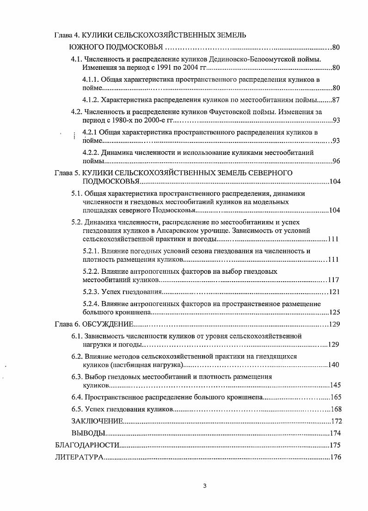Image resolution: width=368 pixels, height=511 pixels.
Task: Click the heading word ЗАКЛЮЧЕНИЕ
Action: (x=97, y=421)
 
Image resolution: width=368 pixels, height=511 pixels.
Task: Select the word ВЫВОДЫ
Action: (x=88, y=433)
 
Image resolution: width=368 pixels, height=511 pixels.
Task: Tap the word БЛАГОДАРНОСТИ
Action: (x=87, y=445)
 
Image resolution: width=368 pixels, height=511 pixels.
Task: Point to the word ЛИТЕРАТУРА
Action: (x=79, y=458)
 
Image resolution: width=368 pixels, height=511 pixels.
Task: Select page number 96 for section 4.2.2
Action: (x=337, y=161)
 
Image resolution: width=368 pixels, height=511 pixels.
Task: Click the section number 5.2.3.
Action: (x=92, y=292)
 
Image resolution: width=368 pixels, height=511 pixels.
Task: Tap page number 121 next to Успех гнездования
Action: (x=335, y=292)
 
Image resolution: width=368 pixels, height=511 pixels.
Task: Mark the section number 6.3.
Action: (x=77, y=377)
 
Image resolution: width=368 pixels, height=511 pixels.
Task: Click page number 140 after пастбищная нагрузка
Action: (x=334, y=365)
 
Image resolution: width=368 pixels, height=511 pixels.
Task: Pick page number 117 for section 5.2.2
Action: (x=333, y=280)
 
